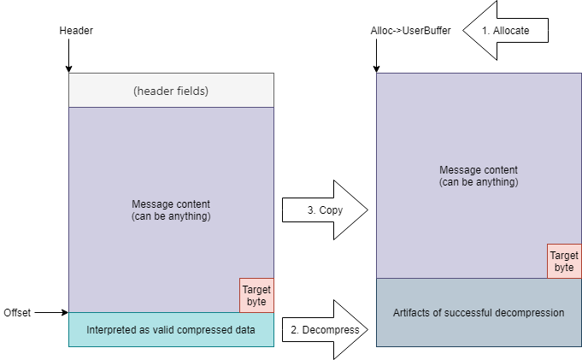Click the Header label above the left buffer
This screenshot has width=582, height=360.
76,31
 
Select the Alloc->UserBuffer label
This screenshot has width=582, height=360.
410,31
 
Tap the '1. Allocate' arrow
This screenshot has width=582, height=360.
506,31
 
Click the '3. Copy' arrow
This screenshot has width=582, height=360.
325,210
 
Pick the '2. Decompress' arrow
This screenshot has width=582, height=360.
325,329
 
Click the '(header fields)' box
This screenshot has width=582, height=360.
171,91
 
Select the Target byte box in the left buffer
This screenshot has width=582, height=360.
256,295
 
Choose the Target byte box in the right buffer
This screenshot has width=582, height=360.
564,261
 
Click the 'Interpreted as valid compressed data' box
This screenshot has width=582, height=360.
171,329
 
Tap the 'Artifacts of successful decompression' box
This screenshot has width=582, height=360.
479,312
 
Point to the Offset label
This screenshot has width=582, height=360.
17,313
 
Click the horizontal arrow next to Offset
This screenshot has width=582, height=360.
51,312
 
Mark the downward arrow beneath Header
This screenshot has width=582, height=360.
68,56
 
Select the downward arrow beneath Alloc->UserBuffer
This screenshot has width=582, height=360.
376,56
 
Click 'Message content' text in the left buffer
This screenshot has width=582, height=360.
171,204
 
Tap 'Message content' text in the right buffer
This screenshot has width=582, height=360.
479,170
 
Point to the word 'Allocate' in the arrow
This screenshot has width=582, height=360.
511,31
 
